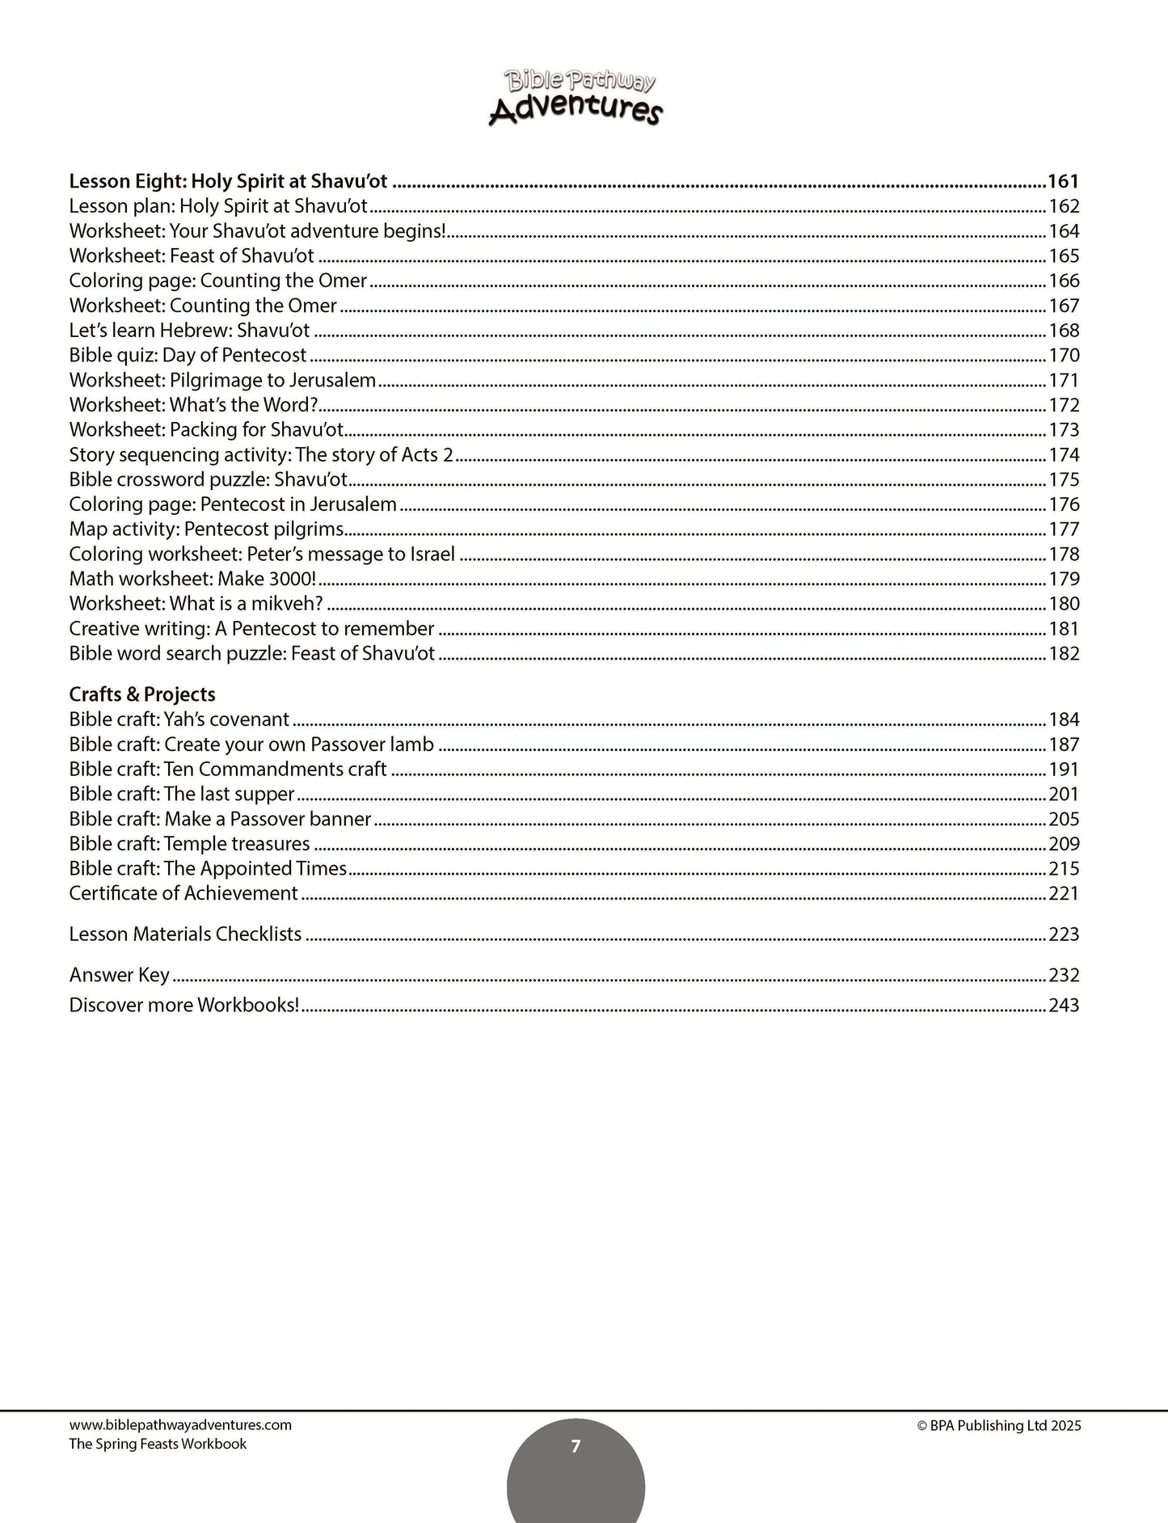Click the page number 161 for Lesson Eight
[x=1063, y=181]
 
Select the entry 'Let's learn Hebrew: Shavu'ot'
[x=189, y=331]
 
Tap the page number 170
[x=1064, y=356]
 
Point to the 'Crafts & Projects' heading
[x=142, y=694]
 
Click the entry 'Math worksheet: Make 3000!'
[x=192, y=580]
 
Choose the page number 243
[x=1064, y=1006]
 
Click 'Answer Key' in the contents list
[x=120, y=975]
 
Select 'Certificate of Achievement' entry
[x=183, y=893]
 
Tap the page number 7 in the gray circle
[x=576, y=1446]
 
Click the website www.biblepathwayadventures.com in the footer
[x=180, y=1425]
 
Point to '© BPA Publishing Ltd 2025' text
[x=999, y=1426]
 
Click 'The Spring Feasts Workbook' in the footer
[x=158, y=1444]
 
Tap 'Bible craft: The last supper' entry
[x=182, y=795]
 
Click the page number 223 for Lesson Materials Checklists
[x=1064, y=934]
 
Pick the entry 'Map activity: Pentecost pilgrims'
[x=206, y=529]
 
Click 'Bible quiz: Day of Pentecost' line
[x=188, y=356]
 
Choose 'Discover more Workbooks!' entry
[x=184, y=1006]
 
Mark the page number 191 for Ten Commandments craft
[x=1064, y=770]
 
